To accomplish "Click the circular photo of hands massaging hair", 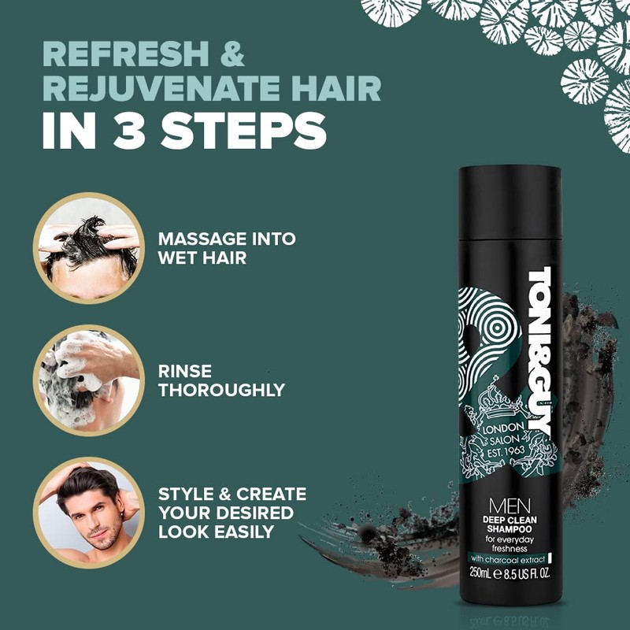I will tap(89, 247).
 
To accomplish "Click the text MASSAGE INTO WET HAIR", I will tap(227, 247).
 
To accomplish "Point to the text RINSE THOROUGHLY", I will tap(221, 380).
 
